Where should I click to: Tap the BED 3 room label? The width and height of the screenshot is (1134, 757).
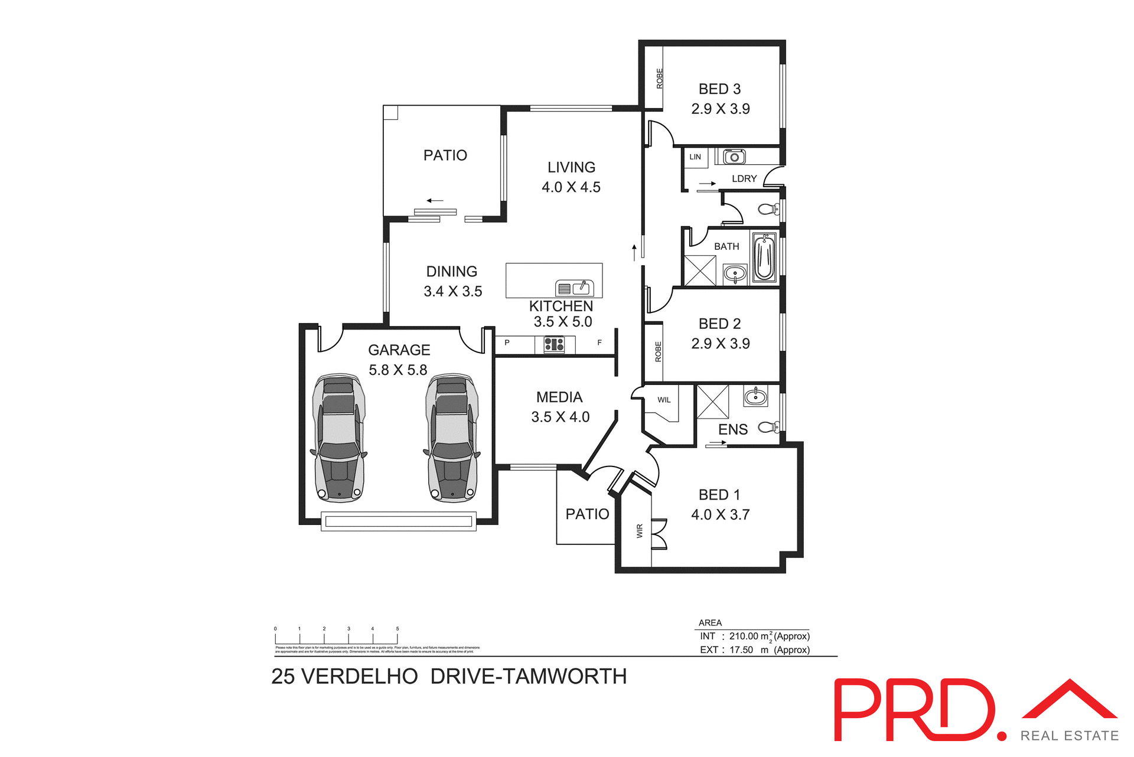click(x=719, y=89)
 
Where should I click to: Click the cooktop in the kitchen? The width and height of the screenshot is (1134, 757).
click(x=554, y=344)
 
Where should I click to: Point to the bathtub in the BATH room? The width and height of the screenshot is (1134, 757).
click(x=764, y=258)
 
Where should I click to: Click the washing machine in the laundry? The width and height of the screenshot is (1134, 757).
click(x=734, y=156)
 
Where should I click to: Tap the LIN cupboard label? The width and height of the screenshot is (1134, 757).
click(x=695, y=157)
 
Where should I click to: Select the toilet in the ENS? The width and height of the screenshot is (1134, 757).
click(x=768, y=427)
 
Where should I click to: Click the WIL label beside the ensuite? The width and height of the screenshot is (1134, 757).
click(x=664, y=400)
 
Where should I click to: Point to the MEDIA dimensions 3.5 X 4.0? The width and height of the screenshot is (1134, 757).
click(x=560, y=417)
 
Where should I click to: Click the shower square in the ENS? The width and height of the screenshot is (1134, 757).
click(x=713, y=402)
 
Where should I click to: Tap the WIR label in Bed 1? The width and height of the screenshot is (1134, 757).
click(x=640, y=531)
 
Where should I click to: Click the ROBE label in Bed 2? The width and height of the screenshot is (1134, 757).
click(x=658, y=352)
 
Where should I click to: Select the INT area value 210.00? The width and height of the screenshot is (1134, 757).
click(x=744, y=637)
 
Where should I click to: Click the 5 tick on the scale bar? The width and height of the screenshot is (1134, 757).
click(x=397, y=629)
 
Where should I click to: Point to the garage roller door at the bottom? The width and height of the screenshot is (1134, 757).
click(x=399, y=521)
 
